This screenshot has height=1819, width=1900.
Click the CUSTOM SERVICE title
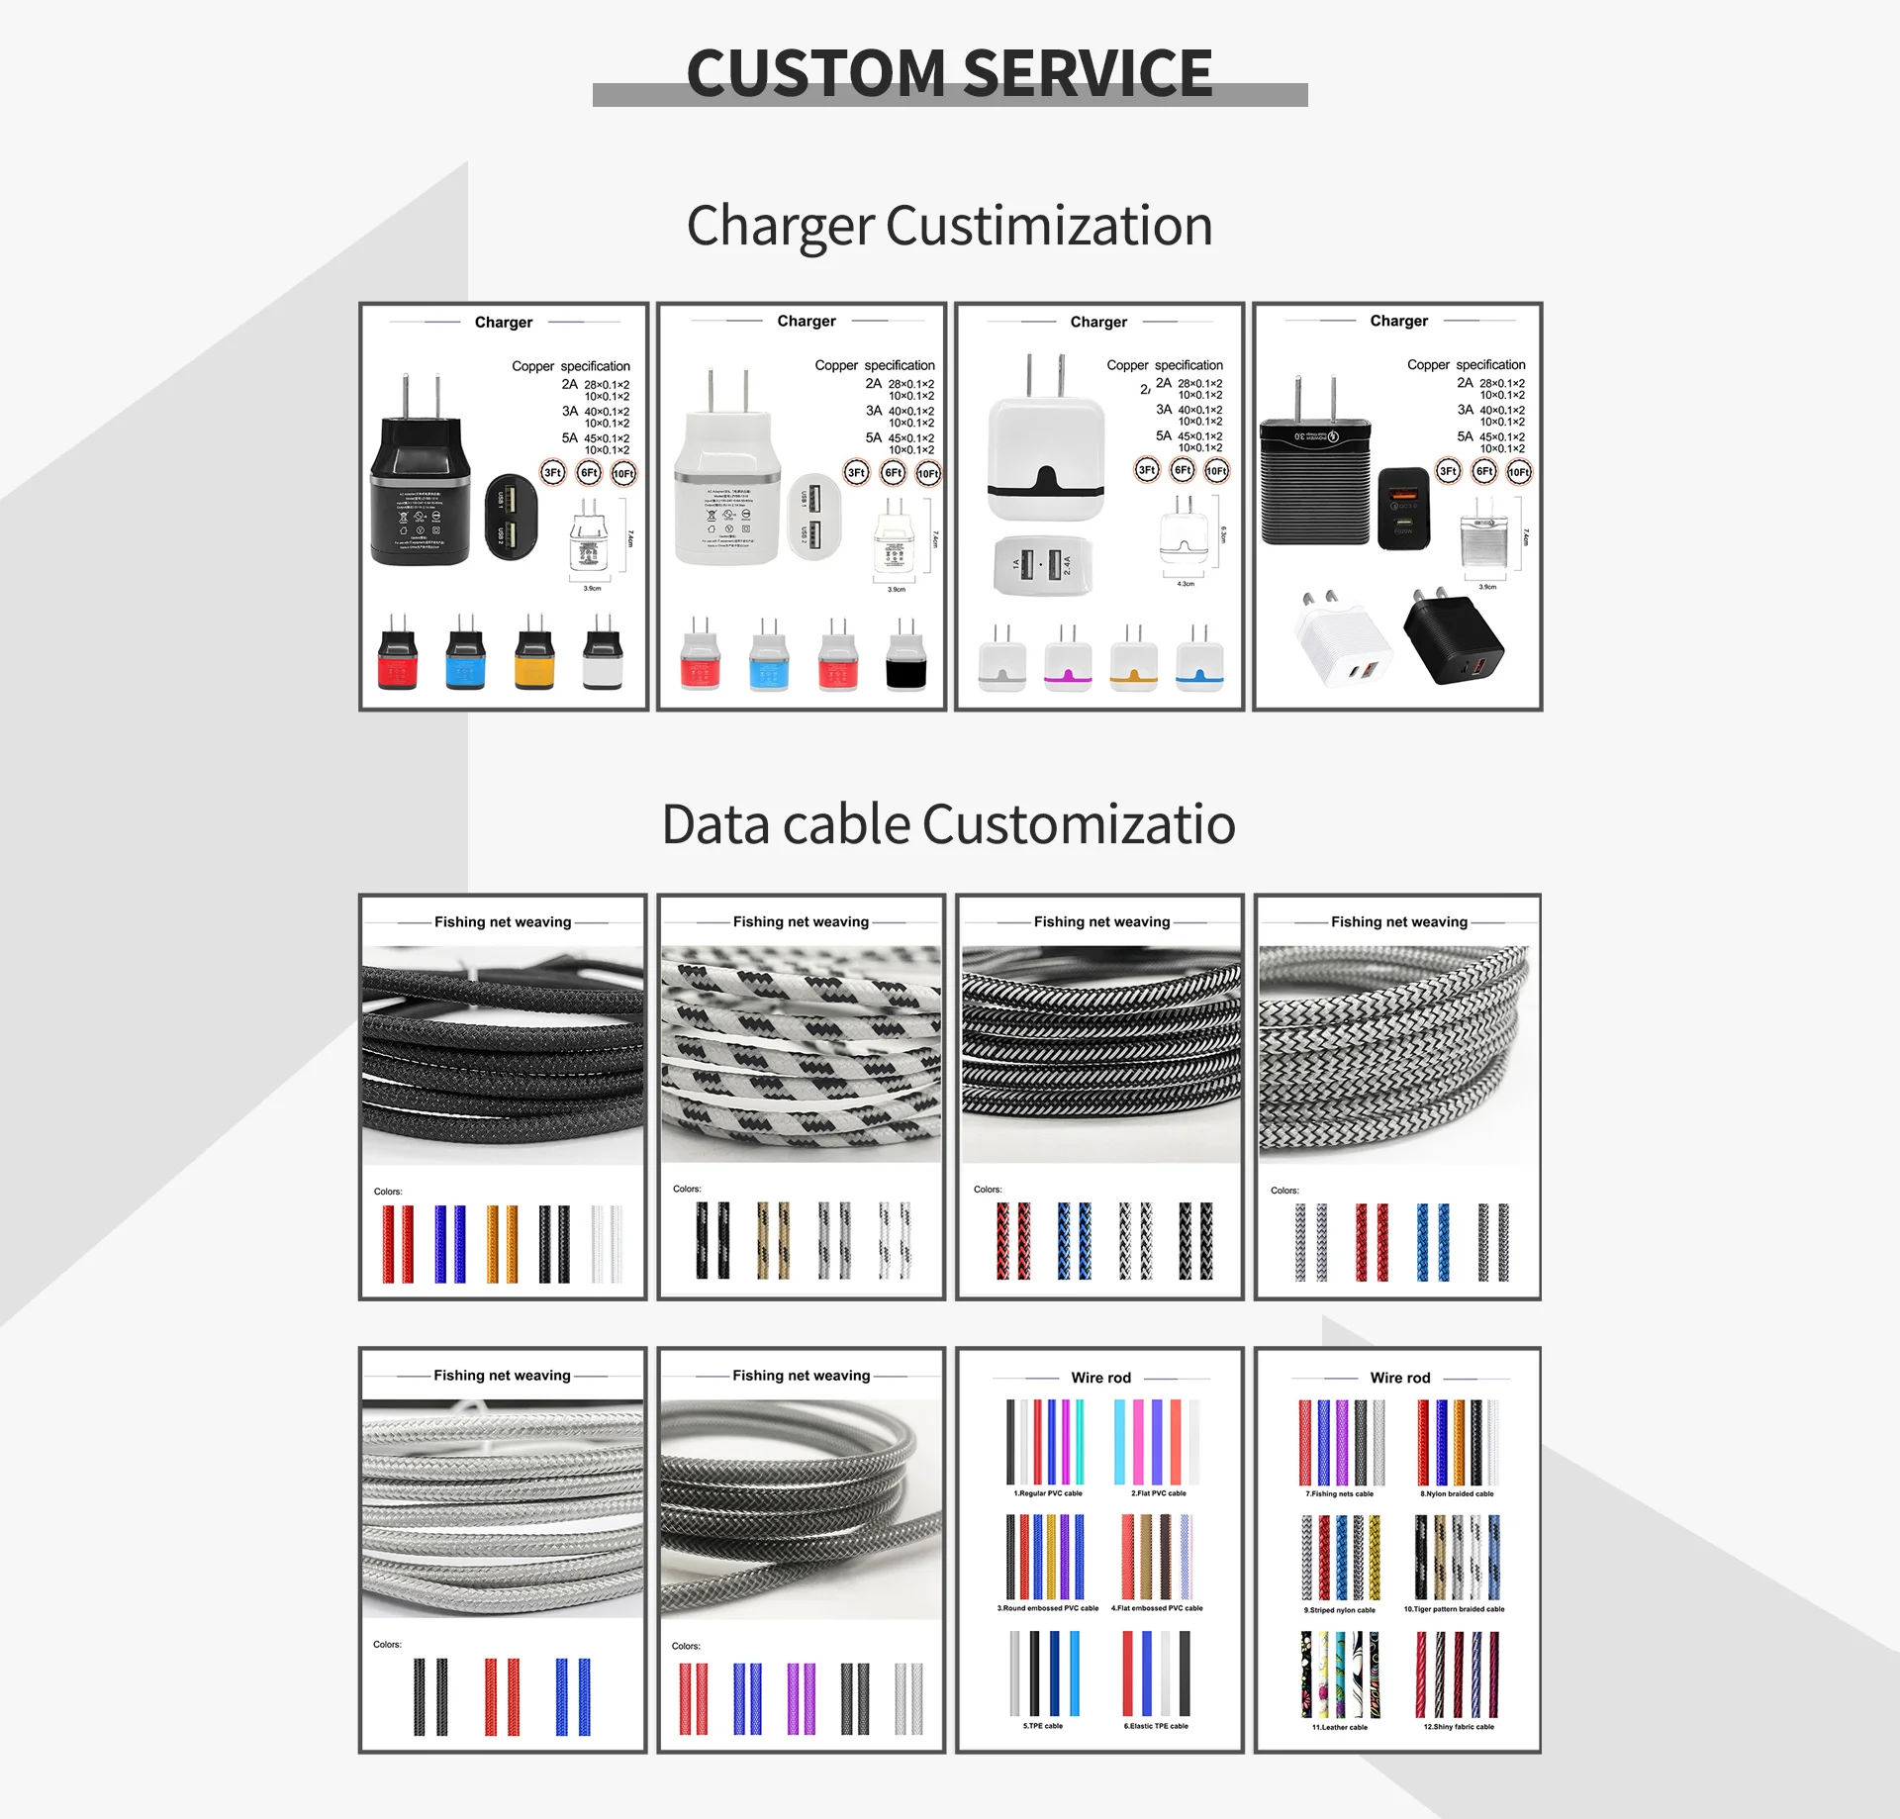(949, 73)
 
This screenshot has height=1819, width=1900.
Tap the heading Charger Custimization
(949, 226)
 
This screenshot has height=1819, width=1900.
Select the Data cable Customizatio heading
(948, 824)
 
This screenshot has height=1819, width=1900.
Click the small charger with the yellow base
(534, 652)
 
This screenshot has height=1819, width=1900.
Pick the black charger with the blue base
(465, 652)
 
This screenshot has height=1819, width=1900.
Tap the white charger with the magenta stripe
(1068, 658)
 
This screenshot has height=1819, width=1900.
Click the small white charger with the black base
(905, 655)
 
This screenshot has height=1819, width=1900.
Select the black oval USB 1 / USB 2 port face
(511, 517)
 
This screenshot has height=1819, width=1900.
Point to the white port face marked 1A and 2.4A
(1042, 565)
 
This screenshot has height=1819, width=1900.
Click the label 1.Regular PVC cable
(1047, 1493)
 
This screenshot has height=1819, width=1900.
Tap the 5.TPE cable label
(1042, 1726)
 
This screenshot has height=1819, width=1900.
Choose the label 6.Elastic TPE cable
(1156, 1726)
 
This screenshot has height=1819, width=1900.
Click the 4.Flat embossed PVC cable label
(1157, 1608)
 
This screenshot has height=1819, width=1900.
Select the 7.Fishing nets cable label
(1339, 1494)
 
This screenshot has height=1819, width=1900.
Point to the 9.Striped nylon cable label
(1339, 1610)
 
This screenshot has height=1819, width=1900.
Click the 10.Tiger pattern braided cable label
(1454, 1609)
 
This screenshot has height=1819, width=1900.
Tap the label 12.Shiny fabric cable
(1459, 1727)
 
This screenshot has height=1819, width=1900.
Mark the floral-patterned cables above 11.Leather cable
(1340, 1675)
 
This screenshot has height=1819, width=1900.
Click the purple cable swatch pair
(802, 1698)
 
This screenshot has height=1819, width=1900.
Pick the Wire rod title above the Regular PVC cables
(1100, 1378)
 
